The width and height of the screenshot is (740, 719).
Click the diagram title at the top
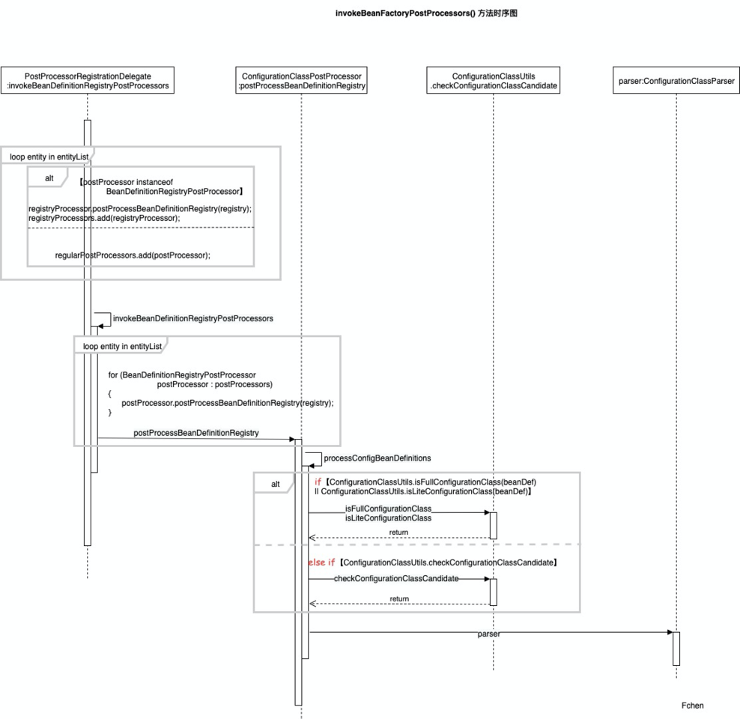click(x=426, y=13)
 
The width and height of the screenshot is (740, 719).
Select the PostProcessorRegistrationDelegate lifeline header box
click(x=88, y=80)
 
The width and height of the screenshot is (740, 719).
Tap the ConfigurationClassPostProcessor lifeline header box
click(x=302, y=80)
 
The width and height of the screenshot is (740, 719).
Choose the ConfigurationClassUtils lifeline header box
click(x=493, y=80)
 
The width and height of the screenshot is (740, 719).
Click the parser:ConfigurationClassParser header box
click(x=676, y=80)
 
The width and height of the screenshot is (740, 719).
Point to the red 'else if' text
click(x=321, y=562)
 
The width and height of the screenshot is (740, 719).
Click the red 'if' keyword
click(x=318, y=482)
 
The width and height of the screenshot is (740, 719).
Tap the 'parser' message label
click(x=488, y=634)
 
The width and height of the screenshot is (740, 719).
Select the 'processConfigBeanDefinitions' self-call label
click(x=377, y=458)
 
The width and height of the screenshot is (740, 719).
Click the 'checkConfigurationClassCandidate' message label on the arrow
click(x=396, y=578)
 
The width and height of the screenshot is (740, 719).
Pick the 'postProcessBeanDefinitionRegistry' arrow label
click(x=195, y=433)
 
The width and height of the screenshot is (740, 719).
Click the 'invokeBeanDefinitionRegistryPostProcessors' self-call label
click(x=193, y=318)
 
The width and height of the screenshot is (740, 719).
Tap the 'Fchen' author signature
click(x=692, y=706)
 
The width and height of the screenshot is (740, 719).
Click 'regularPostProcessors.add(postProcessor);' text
click(x=133, y=255)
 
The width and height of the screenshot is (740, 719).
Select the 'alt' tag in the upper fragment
click(x=49, y=178)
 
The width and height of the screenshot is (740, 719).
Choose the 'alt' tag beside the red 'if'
click(x=276, y=484)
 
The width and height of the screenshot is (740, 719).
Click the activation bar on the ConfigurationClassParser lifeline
click(x=676, y=649)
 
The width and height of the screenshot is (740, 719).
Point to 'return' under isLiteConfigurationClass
click(x=398, y=533)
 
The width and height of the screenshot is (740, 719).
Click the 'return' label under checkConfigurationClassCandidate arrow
click(x=399, y=598)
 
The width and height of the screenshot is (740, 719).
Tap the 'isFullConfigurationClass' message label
click(x=388, y=509)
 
